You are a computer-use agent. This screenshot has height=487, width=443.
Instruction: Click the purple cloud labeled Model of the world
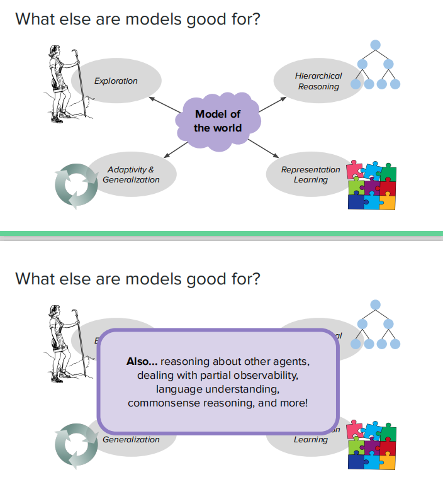217,121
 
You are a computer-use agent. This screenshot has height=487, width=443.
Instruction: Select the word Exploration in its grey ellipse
116,81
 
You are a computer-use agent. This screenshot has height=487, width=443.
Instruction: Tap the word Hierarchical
318,76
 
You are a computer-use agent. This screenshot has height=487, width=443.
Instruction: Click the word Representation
310,169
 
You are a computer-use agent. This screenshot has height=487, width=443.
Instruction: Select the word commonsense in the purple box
161,402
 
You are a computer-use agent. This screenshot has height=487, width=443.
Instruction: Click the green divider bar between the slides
221,235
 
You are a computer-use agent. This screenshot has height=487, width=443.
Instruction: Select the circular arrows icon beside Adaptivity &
76,186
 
